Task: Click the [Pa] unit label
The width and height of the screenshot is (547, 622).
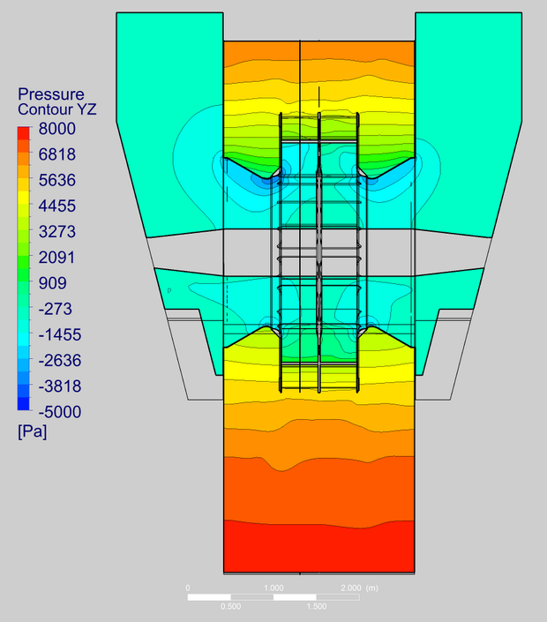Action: (32, 432)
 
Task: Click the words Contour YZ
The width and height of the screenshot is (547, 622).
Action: (57, 110)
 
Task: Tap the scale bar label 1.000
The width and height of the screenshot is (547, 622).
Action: (273, 587)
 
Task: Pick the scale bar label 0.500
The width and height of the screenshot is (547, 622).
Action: (230, 607)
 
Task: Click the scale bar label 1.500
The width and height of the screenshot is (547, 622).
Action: (316, 607)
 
